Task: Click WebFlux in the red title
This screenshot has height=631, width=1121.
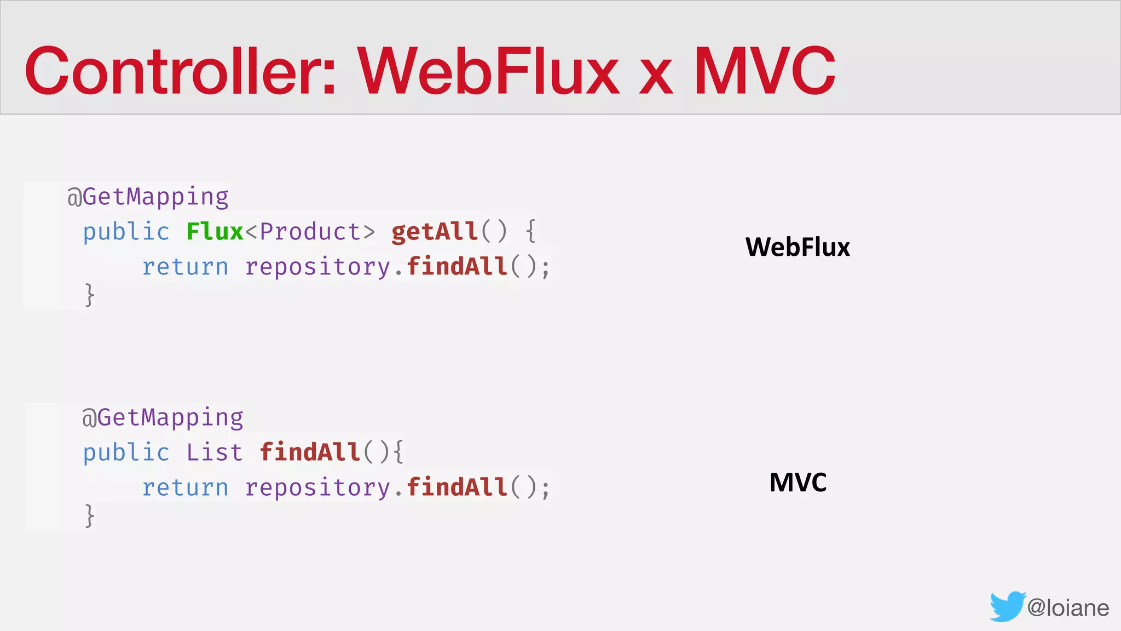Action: coord(489,71)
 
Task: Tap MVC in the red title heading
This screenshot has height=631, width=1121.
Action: coord(765,71)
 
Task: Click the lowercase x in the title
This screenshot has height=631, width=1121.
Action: coord(656,77)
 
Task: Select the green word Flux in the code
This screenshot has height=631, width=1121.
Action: coord(215,232)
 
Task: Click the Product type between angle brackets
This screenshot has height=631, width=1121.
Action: coord(310,232)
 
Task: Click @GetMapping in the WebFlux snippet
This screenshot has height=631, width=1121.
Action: coord(148,197)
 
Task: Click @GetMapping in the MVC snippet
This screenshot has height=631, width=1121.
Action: coord(163,418)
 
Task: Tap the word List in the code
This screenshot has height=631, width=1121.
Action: coord(214,452)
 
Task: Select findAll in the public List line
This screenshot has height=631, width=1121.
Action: coord(310,452)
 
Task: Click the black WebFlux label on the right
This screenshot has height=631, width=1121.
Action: coord(798,247)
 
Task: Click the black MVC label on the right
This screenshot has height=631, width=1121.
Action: coord(798,483)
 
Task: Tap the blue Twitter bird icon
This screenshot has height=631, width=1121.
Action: coord(1007,606)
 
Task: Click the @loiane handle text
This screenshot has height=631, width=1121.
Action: coord(1068,608)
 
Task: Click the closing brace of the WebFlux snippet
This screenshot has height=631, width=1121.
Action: coord(90,295)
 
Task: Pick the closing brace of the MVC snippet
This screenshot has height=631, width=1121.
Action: coord(90,516)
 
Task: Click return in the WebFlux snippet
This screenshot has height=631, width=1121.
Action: coord(185,267)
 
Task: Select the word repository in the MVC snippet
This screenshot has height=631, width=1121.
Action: coord(317,487)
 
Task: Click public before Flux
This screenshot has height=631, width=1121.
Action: coord(126,232)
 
